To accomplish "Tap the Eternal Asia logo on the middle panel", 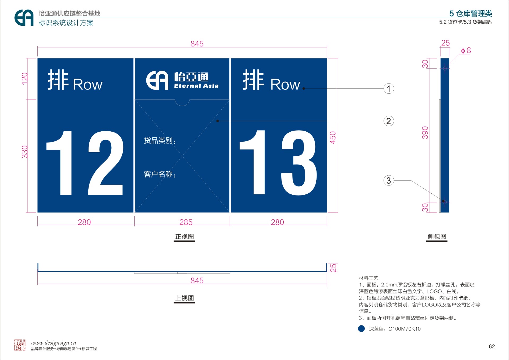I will pyautogui.click(x=182, y=80).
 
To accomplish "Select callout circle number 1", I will pyautogui.click(x=389, y=89).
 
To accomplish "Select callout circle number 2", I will pyautogui.click(x=389, y=121).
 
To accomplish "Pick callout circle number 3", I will pyautogui.click(x=389, y=181).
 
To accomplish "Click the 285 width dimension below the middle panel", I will pyautogui.click(x=186, y=222).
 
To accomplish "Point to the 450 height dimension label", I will pyautogui.click(x=333, y=138).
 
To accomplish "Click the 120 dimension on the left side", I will pyautogui.click(x=25, y=79).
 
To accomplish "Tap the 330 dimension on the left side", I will pyautogui.click(x=25, y=152).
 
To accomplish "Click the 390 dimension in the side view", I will pyautogui.click(x=425, y=133).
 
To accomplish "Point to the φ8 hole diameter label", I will pyautogui.click(x=466, y=50).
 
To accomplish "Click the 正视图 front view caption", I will pyautogui.click(x=185, y=237).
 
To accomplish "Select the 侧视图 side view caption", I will pyautogui.click(x=437, y=237).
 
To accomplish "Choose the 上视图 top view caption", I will pyautogui.click(x=185, y=298).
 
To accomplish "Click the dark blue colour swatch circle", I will pyautogui.click(x=361, y=329).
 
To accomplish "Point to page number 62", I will pyautogui.click(x=492, y=346).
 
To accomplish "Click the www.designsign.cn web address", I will pyautogui.click(x=54, y=343).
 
